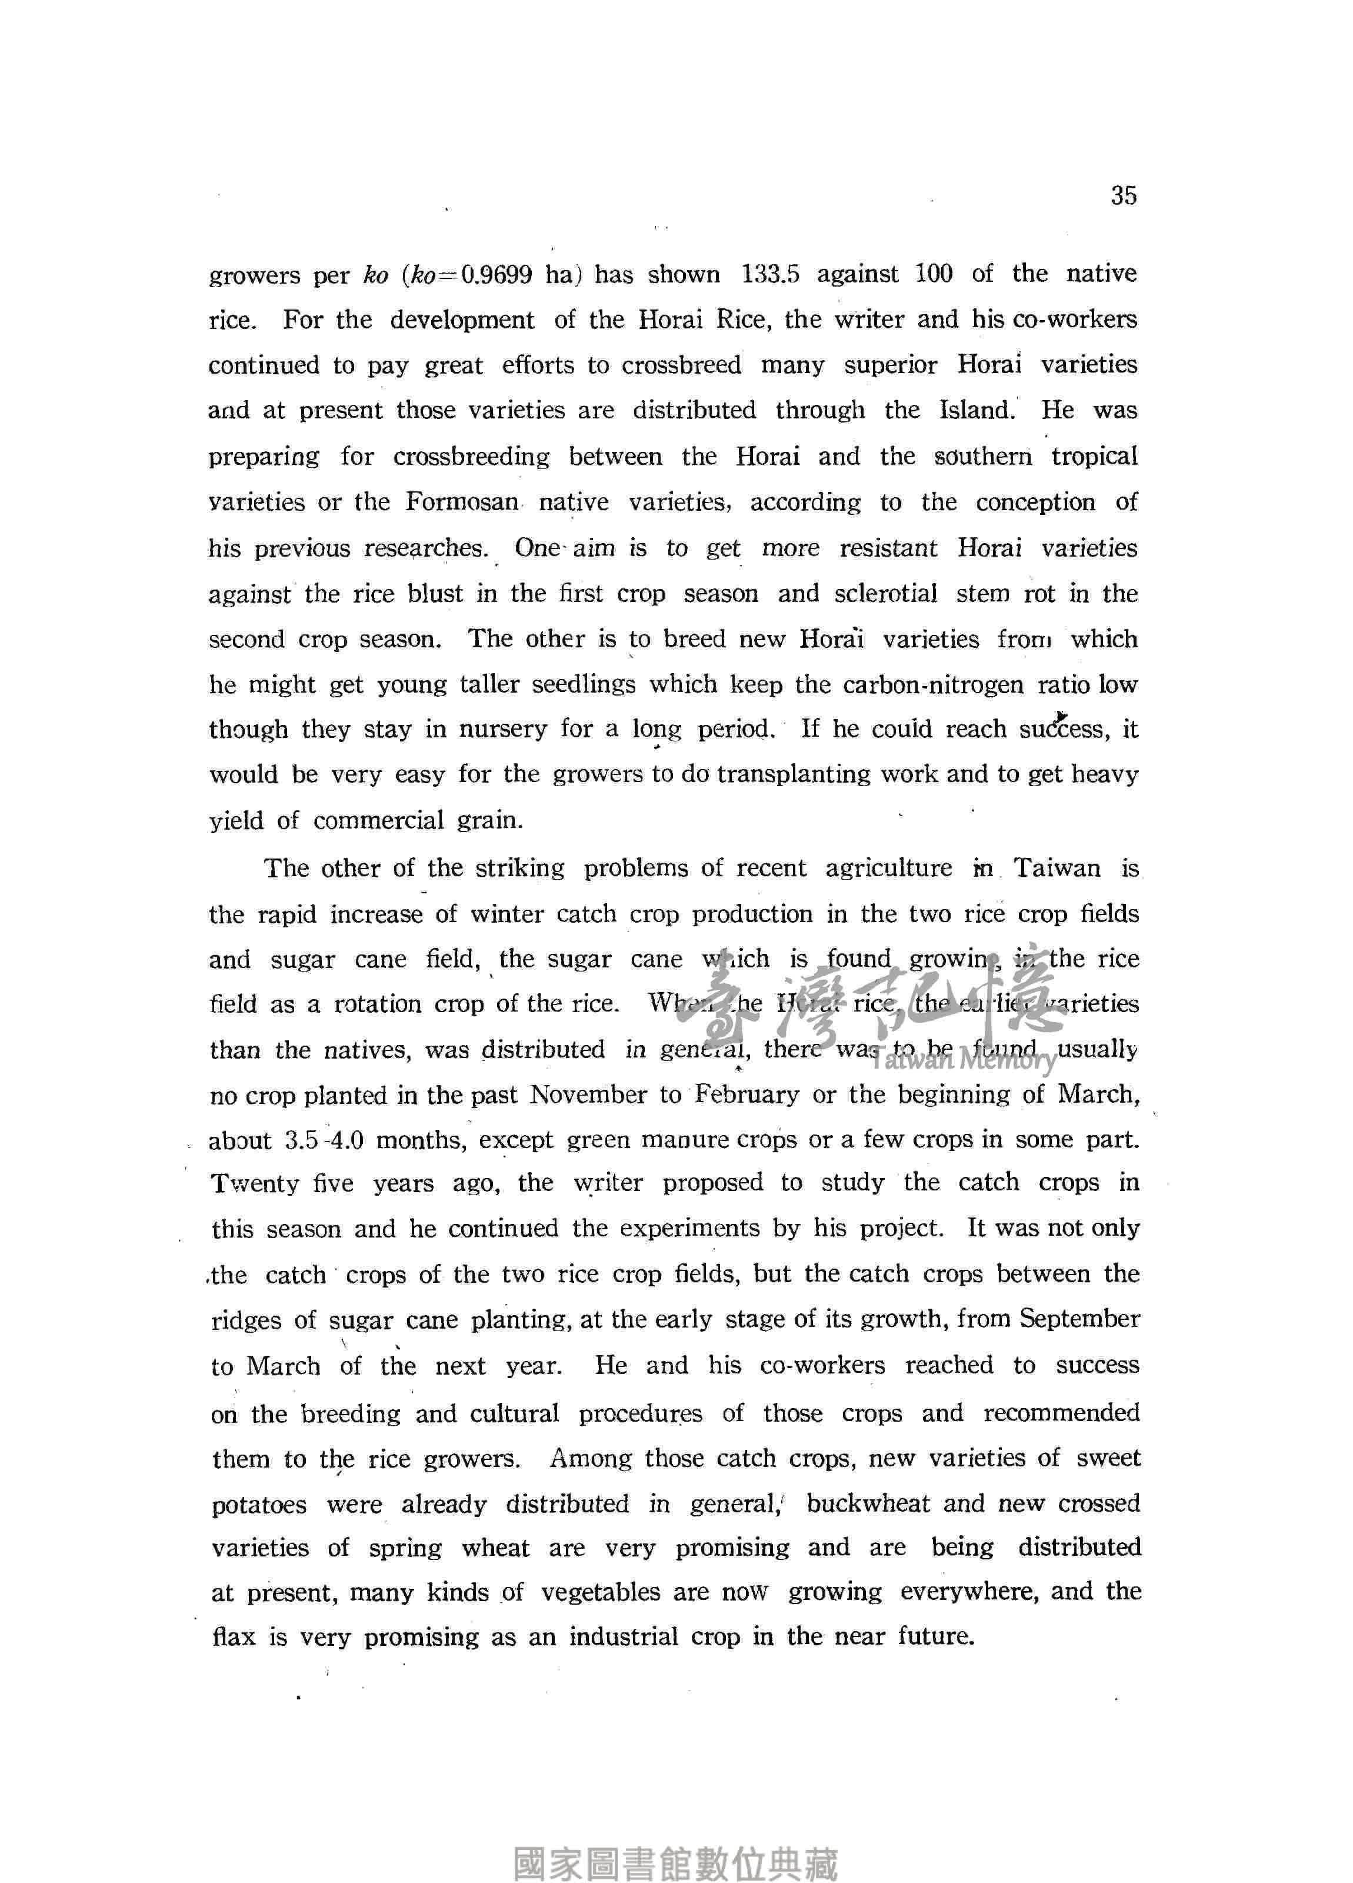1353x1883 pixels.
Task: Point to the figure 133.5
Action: tap(769, 274)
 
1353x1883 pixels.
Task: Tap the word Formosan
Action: tap(462, 503)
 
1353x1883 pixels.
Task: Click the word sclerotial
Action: tap(886, 594)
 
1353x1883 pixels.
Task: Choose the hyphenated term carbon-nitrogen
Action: tap(934, 684)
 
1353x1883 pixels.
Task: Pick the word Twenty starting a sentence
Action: tap(255, 1183)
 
